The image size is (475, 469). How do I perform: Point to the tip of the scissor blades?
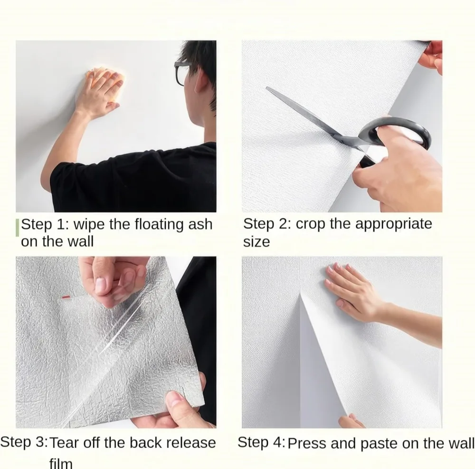266,88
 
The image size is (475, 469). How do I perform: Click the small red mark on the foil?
66,297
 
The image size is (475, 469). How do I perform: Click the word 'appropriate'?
393,224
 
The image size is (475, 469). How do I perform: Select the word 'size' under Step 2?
256,242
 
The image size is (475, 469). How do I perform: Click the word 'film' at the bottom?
61,463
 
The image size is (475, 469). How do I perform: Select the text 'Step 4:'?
261,442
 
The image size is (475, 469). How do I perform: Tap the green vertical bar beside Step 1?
18,228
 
